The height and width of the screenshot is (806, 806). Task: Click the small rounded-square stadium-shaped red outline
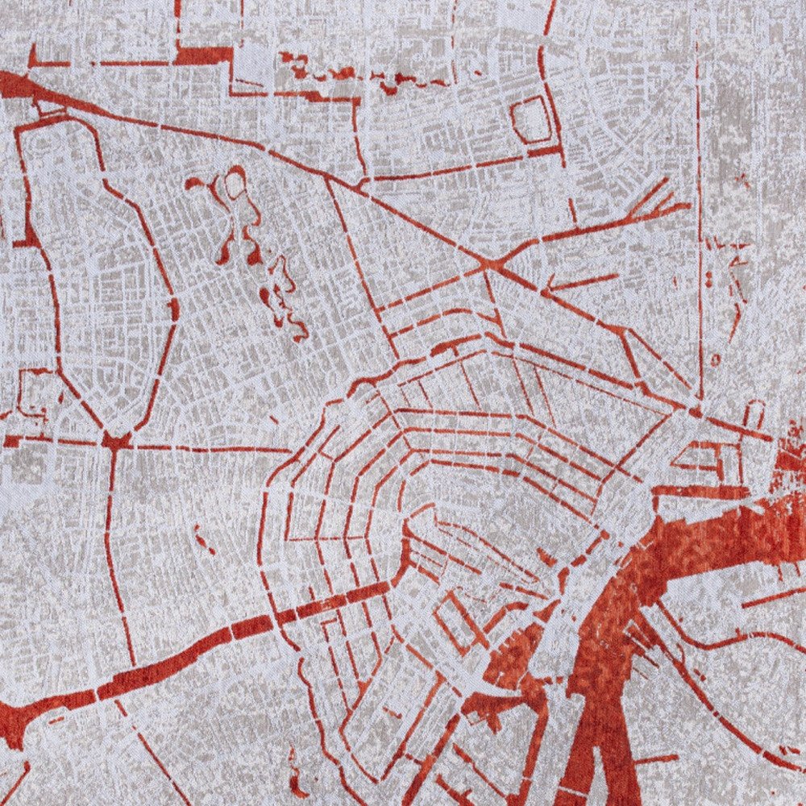[532, 121]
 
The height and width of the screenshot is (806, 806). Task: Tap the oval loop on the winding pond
[235, 185]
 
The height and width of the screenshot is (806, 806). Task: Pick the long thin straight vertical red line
[700, 242]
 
